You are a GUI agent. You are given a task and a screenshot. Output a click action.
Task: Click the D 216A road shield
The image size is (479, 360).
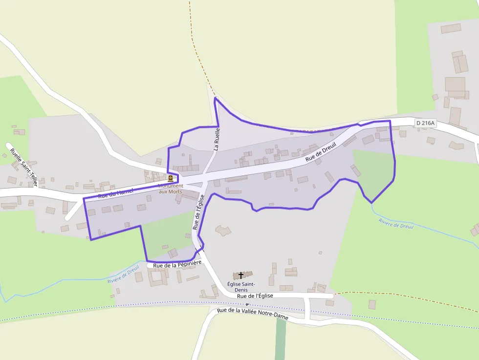(425, 123)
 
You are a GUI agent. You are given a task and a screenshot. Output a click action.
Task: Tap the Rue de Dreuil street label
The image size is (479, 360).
(322, 152)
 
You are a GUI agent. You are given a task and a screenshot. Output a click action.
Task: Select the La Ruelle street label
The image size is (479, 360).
(217, 138)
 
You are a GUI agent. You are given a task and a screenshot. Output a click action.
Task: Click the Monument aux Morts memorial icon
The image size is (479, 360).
(170, 178)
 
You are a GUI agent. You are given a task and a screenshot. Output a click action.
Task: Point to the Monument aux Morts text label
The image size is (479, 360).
(170, 189)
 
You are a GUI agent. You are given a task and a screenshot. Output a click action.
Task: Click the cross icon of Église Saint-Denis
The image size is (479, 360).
(241, 275)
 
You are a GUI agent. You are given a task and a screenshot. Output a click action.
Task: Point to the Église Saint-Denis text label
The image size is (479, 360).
(241, 287)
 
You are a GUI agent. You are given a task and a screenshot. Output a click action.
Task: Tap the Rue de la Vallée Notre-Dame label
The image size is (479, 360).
(253, 314)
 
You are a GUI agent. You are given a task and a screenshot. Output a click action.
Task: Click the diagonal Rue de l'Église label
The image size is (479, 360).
(197, 212)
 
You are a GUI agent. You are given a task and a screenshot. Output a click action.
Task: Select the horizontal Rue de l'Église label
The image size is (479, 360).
(255, 296)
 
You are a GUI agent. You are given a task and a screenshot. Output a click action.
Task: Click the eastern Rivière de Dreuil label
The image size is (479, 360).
(396, 224)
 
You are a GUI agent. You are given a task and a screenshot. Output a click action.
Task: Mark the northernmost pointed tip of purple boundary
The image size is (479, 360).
(215, 98)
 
